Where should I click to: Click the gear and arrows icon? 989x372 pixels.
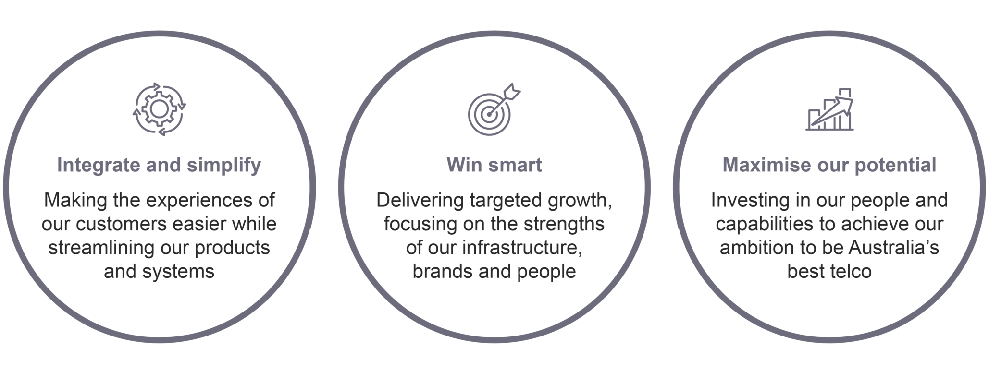(x=159, y=109)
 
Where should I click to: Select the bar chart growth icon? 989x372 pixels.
(x=829, y=109)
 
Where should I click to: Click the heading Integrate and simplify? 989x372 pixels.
(x=159, y=165)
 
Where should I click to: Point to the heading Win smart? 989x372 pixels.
(x=494, y=165)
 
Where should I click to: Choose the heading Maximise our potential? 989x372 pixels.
(x=829, y=165)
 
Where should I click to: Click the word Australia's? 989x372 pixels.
(x=894, y=248)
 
